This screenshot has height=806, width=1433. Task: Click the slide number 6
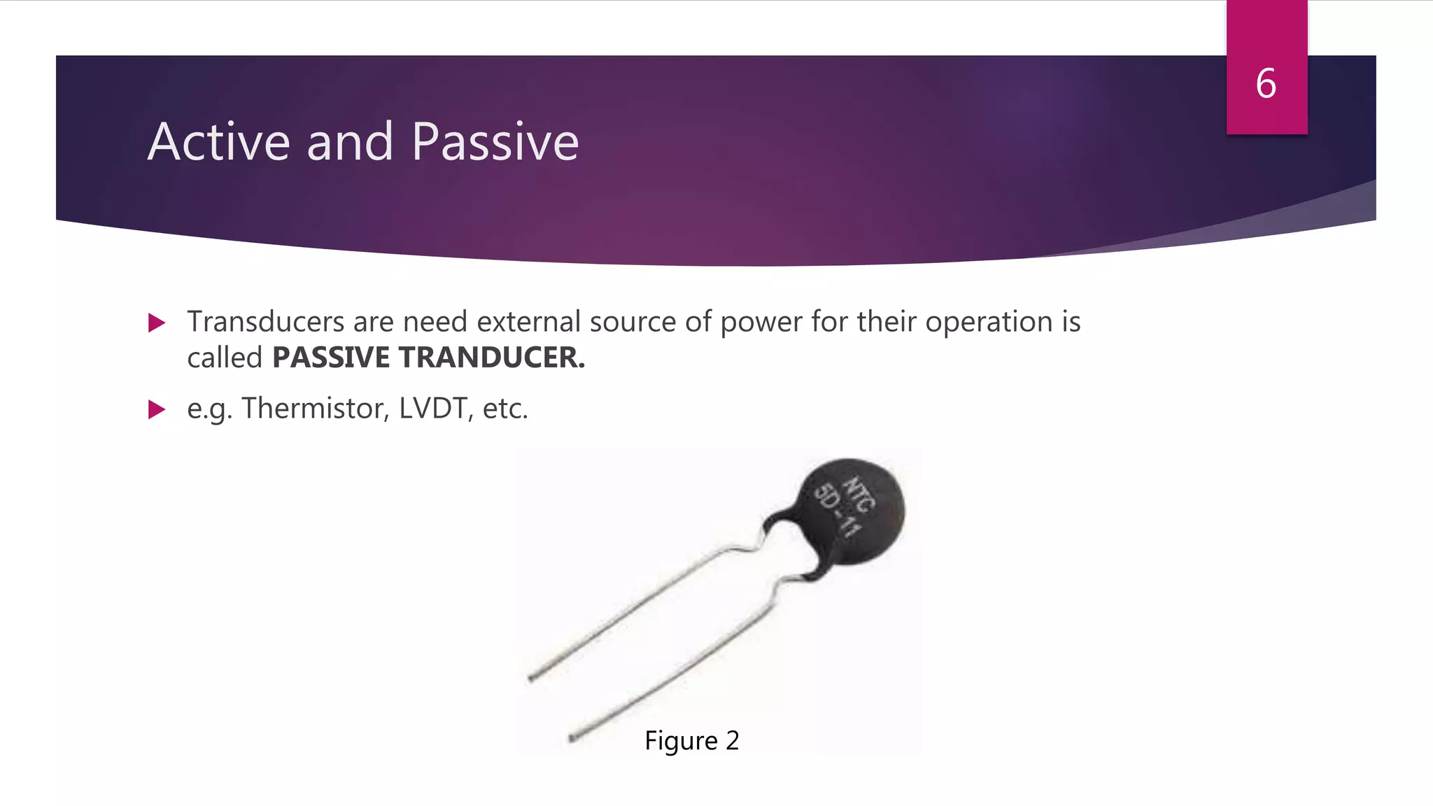[x=1266, y=84]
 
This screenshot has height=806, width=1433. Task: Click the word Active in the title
[x=218, y=142]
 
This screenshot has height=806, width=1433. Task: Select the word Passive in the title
[x=495, y=142]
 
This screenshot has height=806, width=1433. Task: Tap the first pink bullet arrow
[x=157, y=323]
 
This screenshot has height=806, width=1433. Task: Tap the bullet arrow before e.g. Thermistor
[x=157, y=409]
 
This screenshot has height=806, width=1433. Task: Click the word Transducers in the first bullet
[x=266, y=322]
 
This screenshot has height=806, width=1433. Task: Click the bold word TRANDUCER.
[x=492, y=358]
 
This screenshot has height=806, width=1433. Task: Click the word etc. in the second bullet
[x=505, y=409]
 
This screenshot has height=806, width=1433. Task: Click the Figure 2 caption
[x=691, y=740]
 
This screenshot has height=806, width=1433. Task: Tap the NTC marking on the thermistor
[x=859, y=494]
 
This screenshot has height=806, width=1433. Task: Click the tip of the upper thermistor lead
[x=531, y=677]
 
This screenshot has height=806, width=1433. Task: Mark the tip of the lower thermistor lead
[x=572, y=737]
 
